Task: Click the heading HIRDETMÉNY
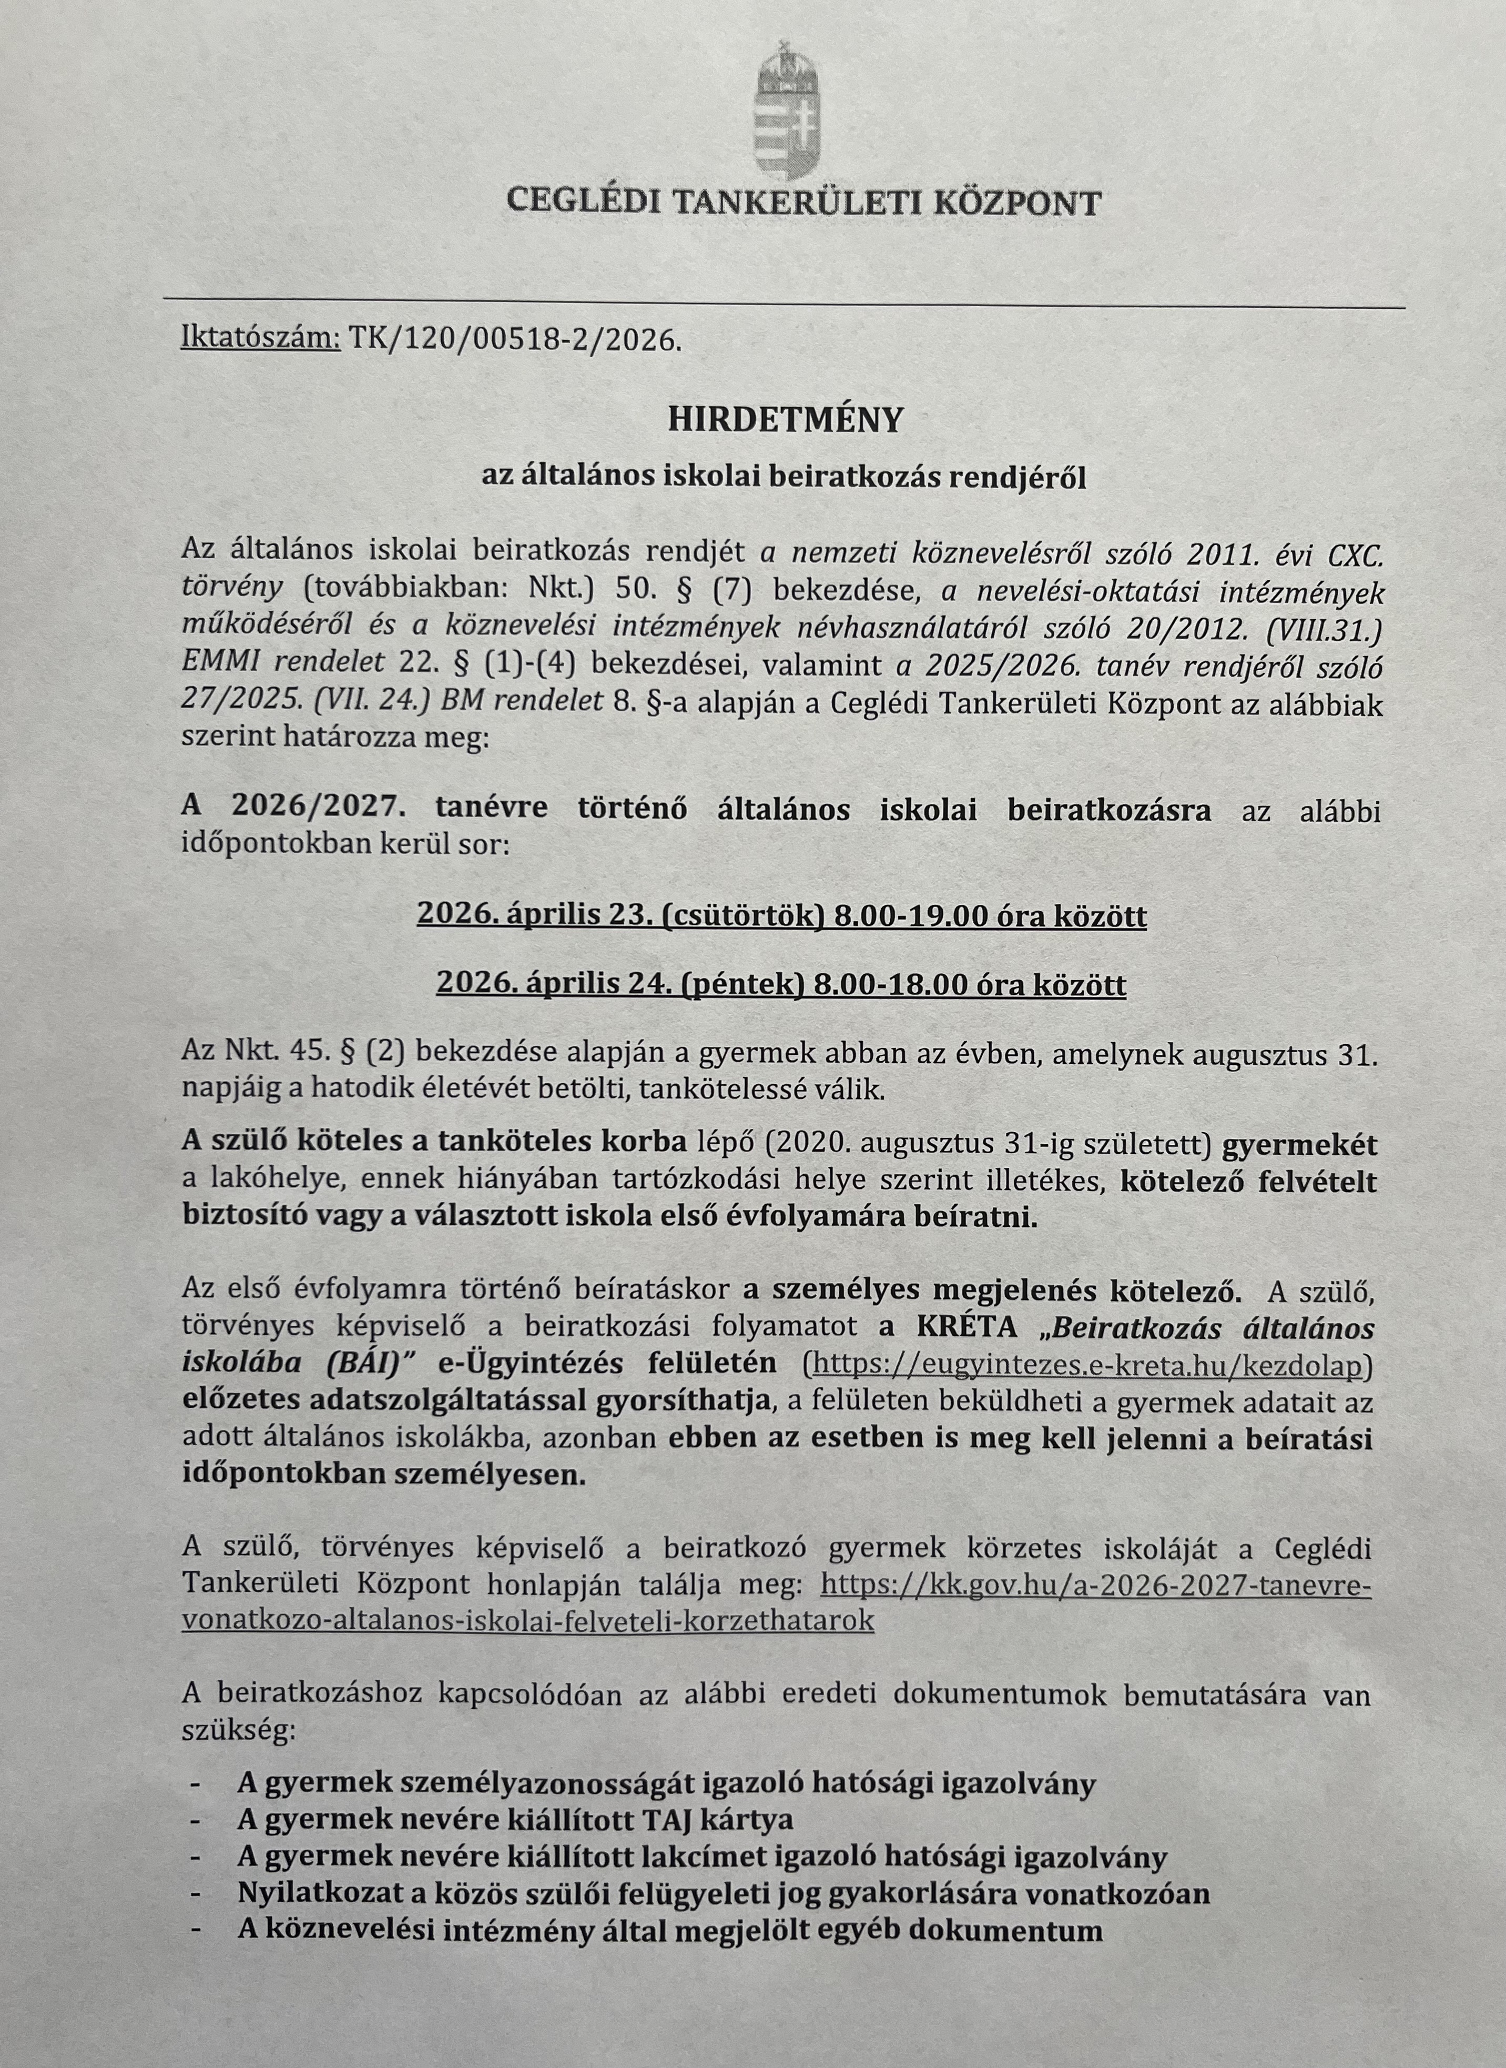tap(785, 419)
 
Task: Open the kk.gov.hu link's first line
tap(1096, 1586)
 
